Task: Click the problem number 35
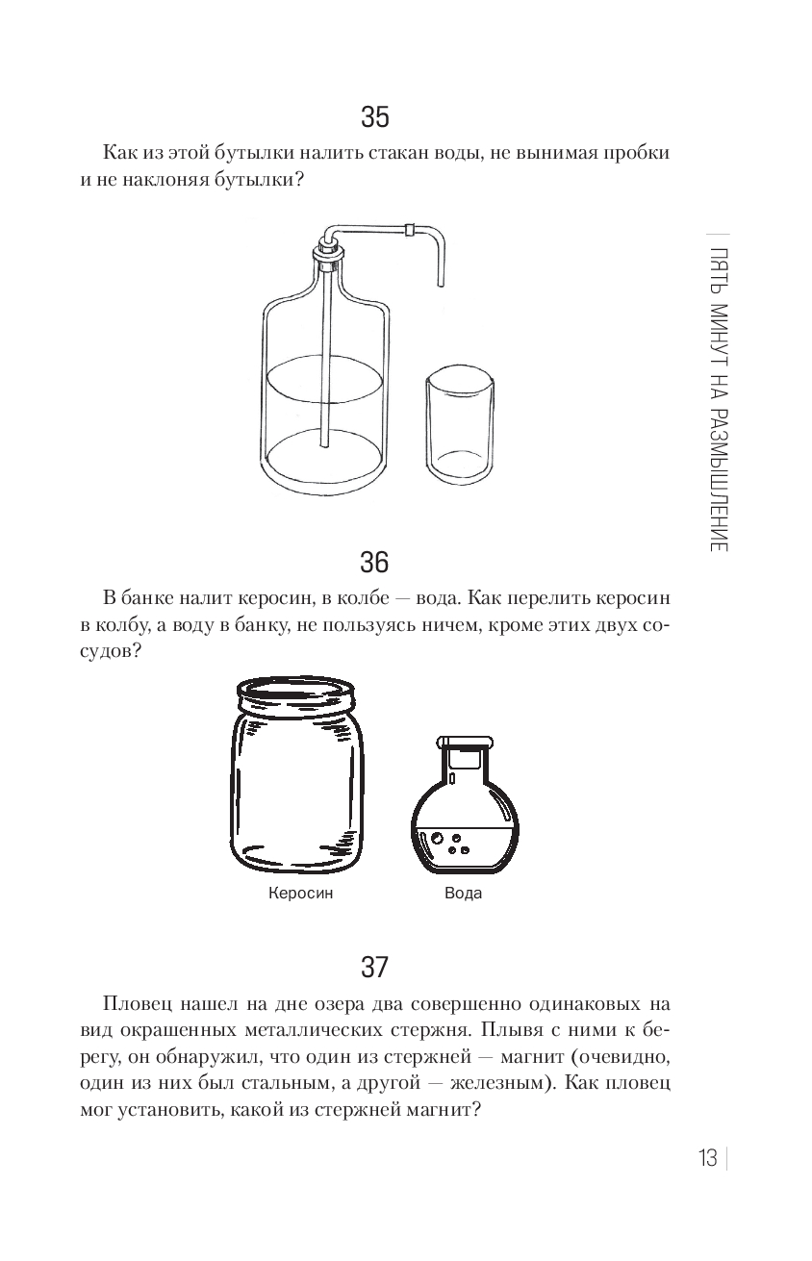374,117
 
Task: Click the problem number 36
374,562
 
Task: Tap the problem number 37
374,967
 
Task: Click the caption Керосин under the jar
301,894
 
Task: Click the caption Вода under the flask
463,894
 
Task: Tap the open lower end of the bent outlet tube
441,285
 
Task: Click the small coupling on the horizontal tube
411,229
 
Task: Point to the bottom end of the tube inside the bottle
324,444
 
